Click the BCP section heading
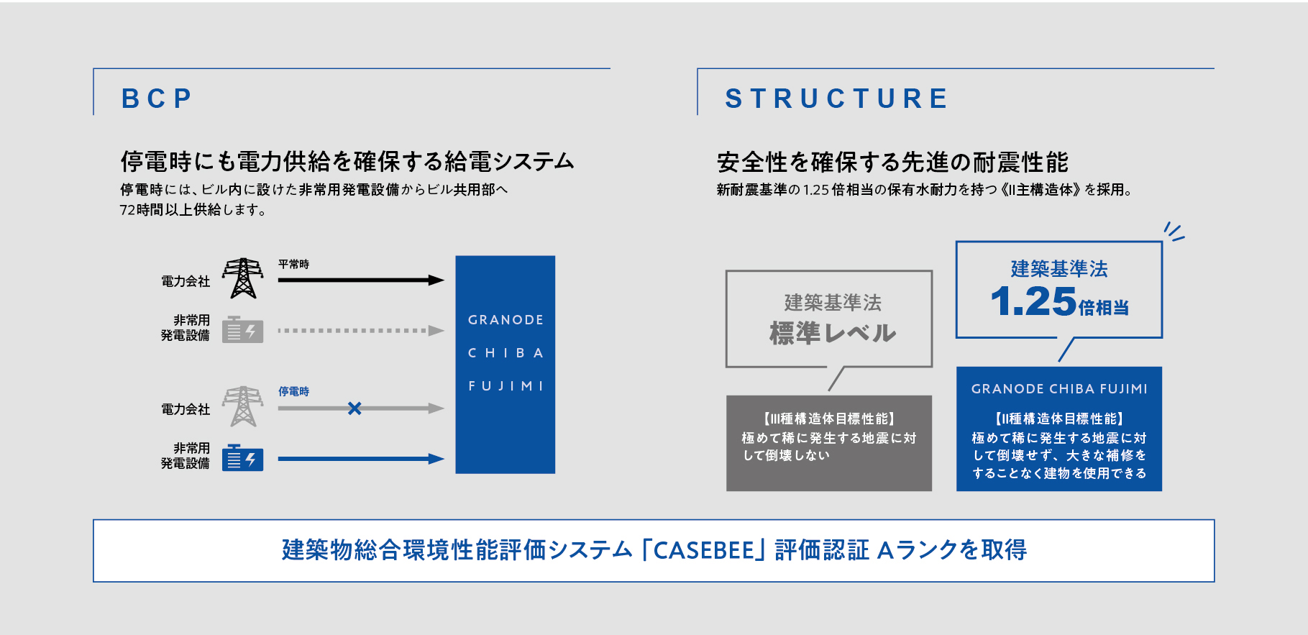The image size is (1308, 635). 156,99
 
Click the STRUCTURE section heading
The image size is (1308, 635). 836,99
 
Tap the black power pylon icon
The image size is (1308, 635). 242,278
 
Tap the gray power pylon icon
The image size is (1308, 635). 242,406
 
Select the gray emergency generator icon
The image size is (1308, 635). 242,330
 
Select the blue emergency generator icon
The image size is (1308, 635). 242,458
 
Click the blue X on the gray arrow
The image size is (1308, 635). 355,408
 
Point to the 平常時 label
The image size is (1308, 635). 293,264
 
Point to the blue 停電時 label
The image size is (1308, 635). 293,391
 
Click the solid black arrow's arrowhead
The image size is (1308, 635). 436,280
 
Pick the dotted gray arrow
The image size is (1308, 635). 361,331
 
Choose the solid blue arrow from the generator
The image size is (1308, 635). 361,459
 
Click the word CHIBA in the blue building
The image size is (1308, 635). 506,353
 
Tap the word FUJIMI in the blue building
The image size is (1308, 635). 506,386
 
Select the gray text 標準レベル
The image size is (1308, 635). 833,333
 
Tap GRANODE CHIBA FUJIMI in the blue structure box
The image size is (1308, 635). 1059,389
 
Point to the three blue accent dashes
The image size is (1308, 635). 1174,232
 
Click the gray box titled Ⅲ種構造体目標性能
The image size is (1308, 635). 829,443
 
